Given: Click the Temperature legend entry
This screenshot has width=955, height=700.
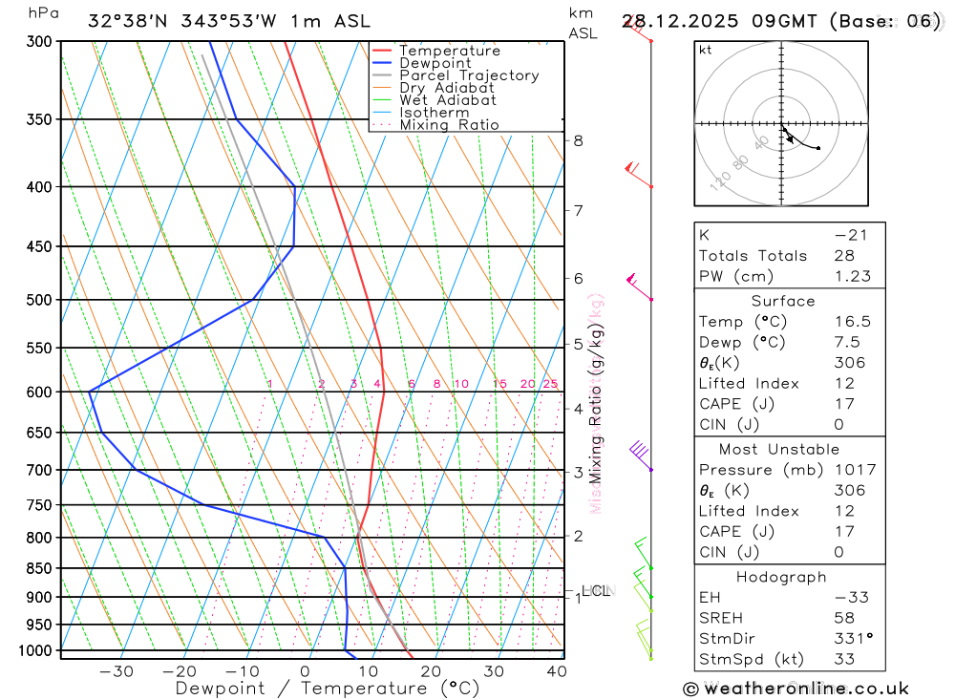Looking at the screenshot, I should click(449, 51).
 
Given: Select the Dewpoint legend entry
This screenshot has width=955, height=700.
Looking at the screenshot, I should click(435, 63).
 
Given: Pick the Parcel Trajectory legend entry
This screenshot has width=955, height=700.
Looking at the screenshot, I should click(469, 75).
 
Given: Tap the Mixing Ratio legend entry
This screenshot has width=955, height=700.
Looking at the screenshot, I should click(449, 125).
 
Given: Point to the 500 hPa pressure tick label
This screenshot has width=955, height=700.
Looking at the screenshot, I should click(39, 300).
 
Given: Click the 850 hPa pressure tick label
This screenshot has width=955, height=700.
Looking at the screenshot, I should click(39, 568).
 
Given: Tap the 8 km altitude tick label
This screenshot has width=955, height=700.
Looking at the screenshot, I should click(578, 140).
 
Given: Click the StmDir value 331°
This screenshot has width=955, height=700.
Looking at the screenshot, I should click(852, 639).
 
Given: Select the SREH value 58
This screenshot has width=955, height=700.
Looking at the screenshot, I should click(843, 618).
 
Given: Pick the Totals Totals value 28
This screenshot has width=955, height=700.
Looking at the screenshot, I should click(843, 255).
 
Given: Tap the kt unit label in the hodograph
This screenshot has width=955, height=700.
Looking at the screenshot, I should click(706, 50).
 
